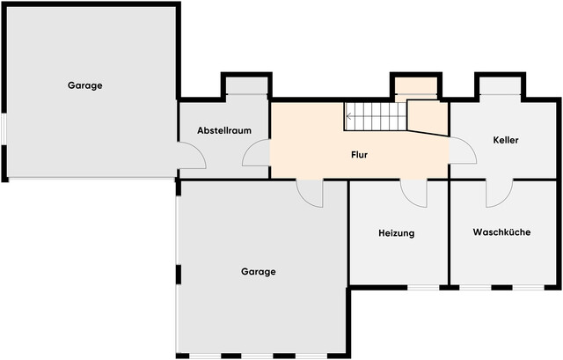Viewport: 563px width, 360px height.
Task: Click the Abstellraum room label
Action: point(224,130)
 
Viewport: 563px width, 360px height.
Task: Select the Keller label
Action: point(506,140)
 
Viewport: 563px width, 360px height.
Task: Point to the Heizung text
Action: point(396,233)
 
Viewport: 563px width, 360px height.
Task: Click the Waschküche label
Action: point(501,233)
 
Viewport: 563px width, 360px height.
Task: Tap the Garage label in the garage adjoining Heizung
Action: point(259,272)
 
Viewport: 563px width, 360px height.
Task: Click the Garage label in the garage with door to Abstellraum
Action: point(85,85)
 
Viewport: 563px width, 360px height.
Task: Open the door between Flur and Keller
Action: point(461,152)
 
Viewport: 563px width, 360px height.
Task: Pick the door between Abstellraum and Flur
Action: point(257,155)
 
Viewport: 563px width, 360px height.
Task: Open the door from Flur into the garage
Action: point(311,191)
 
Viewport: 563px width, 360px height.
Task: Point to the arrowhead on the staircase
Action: point(349,115)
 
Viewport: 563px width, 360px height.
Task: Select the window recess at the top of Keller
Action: point(502,87)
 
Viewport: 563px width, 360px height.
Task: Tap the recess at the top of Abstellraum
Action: point(246,87)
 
